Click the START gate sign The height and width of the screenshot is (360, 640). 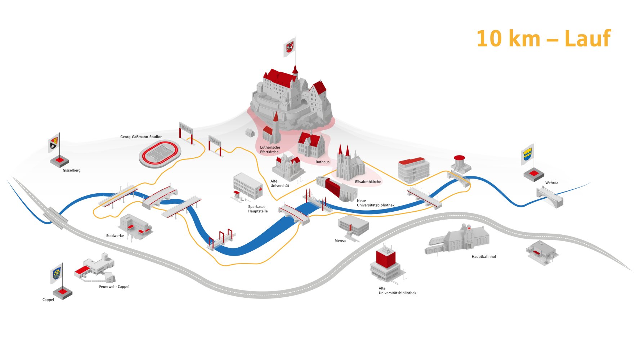(214, 141)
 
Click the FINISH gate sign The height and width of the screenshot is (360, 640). (185, 128)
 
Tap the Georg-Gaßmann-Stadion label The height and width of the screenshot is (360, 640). (141, 137)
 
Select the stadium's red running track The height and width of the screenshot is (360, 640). (160, 154)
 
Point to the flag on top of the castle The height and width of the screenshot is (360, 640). (289, 47)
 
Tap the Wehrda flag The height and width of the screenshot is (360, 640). (528, 155)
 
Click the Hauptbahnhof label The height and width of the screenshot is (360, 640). (484, 257)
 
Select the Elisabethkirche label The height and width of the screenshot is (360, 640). (368, 182)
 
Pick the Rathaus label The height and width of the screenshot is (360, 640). (322, 162)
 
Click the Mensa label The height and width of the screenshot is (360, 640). (340, 241)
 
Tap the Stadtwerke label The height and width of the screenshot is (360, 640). (115, 236)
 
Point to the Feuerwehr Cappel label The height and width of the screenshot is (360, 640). (114, 287)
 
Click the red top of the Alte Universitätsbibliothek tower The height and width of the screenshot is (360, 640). (386, 258)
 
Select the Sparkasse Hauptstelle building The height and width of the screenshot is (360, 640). (247, 186)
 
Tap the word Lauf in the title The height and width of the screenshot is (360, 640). (587, 39)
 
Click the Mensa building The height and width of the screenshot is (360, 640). (353, 226)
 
